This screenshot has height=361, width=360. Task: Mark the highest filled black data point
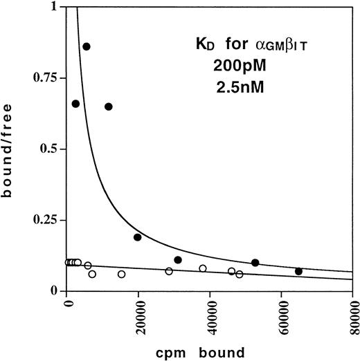pos(87,46)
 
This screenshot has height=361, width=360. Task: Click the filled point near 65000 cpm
pos(298,271)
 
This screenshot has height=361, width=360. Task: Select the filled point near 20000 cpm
pos(138,237)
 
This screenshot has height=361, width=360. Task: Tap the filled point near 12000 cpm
pos(109,107)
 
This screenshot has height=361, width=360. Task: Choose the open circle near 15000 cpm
pos(121,274)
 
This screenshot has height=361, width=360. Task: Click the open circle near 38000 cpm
pos(203,268)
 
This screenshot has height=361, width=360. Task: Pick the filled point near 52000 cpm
pos(255,263)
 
